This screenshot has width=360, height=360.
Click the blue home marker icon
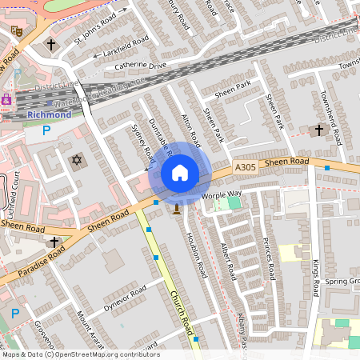click(180, 173)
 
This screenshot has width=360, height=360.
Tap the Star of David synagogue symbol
click(78, 160)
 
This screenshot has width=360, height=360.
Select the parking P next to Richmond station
click(46, 130)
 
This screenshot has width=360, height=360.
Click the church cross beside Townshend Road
click(319, 129)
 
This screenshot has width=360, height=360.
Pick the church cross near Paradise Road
click(54, 242)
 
